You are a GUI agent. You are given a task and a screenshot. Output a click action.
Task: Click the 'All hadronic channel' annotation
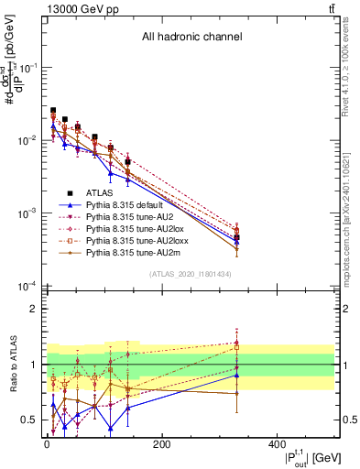[x=191, y=38]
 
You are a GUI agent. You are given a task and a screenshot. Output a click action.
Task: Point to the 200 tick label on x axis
[x=161, y=444]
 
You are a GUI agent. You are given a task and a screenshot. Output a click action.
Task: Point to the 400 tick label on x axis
[x=276, y=444]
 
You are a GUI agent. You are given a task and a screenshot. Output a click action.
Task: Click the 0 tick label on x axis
[x=47, y=444]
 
